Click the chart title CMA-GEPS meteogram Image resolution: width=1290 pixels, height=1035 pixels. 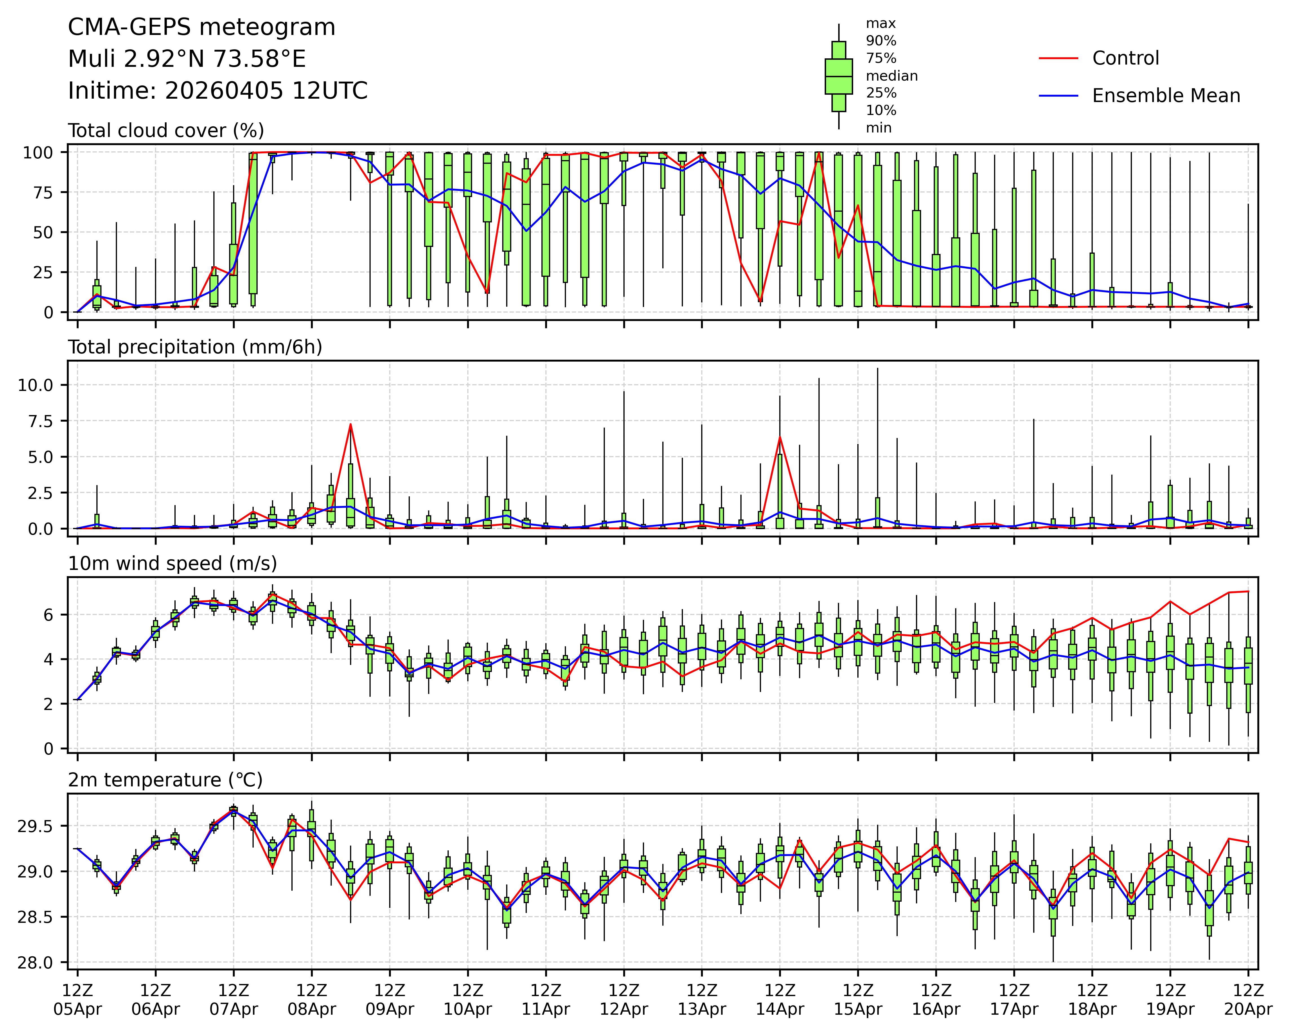(202, 28)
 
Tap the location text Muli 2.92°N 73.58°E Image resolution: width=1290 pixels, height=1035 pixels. (187, 59)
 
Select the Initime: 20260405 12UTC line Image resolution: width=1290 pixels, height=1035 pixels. (218, 91)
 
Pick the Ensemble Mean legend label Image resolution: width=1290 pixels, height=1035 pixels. (1165, 96)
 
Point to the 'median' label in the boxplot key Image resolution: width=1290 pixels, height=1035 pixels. (891, 76)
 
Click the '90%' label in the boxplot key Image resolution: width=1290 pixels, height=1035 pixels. (881, 41)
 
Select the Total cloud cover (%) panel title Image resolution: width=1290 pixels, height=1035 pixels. (166, 131)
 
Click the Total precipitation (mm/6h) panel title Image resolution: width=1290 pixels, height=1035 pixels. (195, 347)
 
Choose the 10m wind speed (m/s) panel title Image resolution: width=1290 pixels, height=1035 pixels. (172, 563)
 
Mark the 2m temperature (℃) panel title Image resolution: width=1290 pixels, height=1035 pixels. (165, 780)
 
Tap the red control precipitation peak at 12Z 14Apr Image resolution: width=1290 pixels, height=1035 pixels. (780, 437)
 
